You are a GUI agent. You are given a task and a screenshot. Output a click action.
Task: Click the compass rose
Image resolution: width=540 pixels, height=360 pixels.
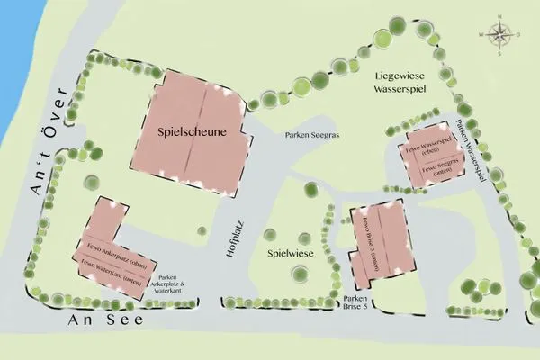pos(501,35)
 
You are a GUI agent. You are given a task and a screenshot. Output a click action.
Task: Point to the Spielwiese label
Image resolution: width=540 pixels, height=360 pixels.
pos(289,255)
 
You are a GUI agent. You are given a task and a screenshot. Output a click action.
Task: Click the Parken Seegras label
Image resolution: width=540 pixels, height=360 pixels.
pos(314,136)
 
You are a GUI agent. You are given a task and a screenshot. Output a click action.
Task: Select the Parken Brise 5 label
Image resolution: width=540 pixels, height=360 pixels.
pos(356,303)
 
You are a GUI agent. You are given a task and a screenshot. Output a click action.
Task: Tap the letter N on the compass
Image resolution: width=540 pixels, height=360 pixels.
pos(502,18)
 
